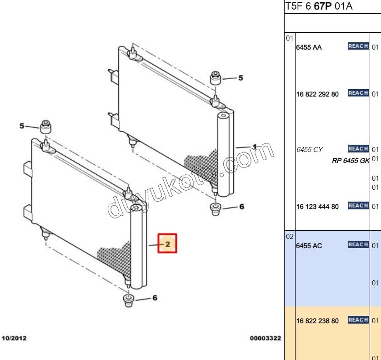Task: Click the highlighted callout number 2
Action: pyautogui.click(x=167, y=244)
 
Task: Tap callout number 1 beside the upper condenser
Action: pyautogui.click(x=255, y=147)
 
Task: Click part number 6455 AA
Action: pyautogui.click(x=309, y=47)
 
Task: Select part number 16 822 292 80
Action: pyautogui.click(x=317, y=94)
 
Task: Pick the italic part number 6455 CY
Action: pyautogui.click(x=309, y=150)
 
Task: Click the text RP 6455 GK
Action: pyautogui.click(x=351, y=161)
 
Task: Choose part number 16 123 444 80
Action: pyautogui.click(x=317, y=207)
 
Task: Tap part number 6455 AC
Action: pyautogui.click(x=309, y=246)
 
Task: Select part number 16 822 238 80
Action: pyautogui.click(x=317, y=321)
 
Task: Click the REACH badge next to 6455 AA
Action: pyautogui.click(x=358, y=46)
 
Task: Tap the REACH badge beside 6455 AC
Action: pyautogui.click(x=358, y=244)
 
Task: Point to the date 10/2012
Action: pyautogui.click(x=14, y=338)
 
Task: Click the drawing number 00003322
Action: pyautogui.click(x=266, y=338)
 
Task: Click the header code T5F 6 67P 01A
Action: pyautogui.click(x=319, y=6)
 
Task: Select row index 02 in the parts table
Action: pyautogui.click(x=290, y=237)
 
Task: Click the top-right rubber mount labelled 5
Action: pyautogui.click(x=216, y=78)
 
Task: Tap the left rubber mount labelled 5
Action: pyautogui.click(x=46, y=127)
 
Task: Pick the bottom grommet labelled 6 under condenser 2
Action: pyautogui.click(x=129, y=301)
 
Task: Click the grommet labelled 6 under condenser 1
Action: pyautogui.click(x=216, y=209)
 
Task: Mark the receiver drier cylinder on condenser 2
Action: pyautogui.click(x=136, y=247)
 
